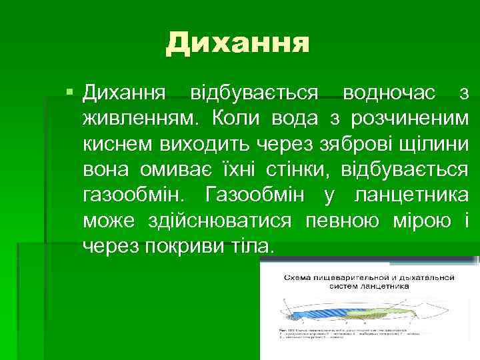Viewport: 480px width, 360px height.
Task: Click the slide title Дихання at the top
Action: (x=238, y=43)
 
